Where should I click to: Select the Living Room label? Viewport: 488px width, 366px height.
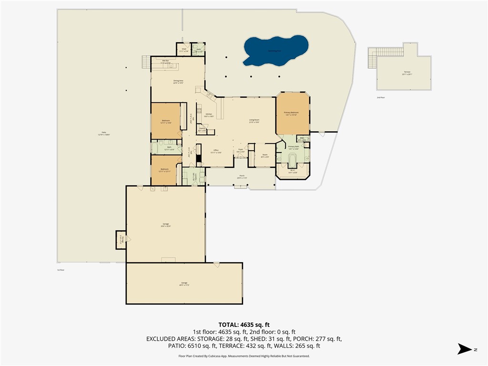click(254, 121)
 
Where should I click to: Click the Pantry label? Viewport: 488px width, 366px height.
click(202, 129)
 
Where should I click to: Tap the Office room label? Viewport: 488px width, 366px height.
click(215, 151)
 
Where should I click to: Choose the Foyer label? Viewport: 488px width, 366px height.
click(241, 151)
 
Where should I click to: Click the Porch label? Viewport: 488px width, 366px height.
click(242, 177)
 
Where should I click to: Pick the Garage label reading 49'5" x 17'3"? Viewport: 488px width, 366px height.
click(184, 284)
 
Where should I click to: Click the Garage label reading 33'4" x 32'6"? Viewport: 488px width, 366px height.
click(165, 225)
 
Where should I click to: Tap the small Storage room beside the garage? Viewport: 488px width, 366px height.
click(121, 240)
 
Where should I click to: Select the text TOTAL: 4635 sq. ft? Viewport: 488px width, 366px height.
click(244, 324)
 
